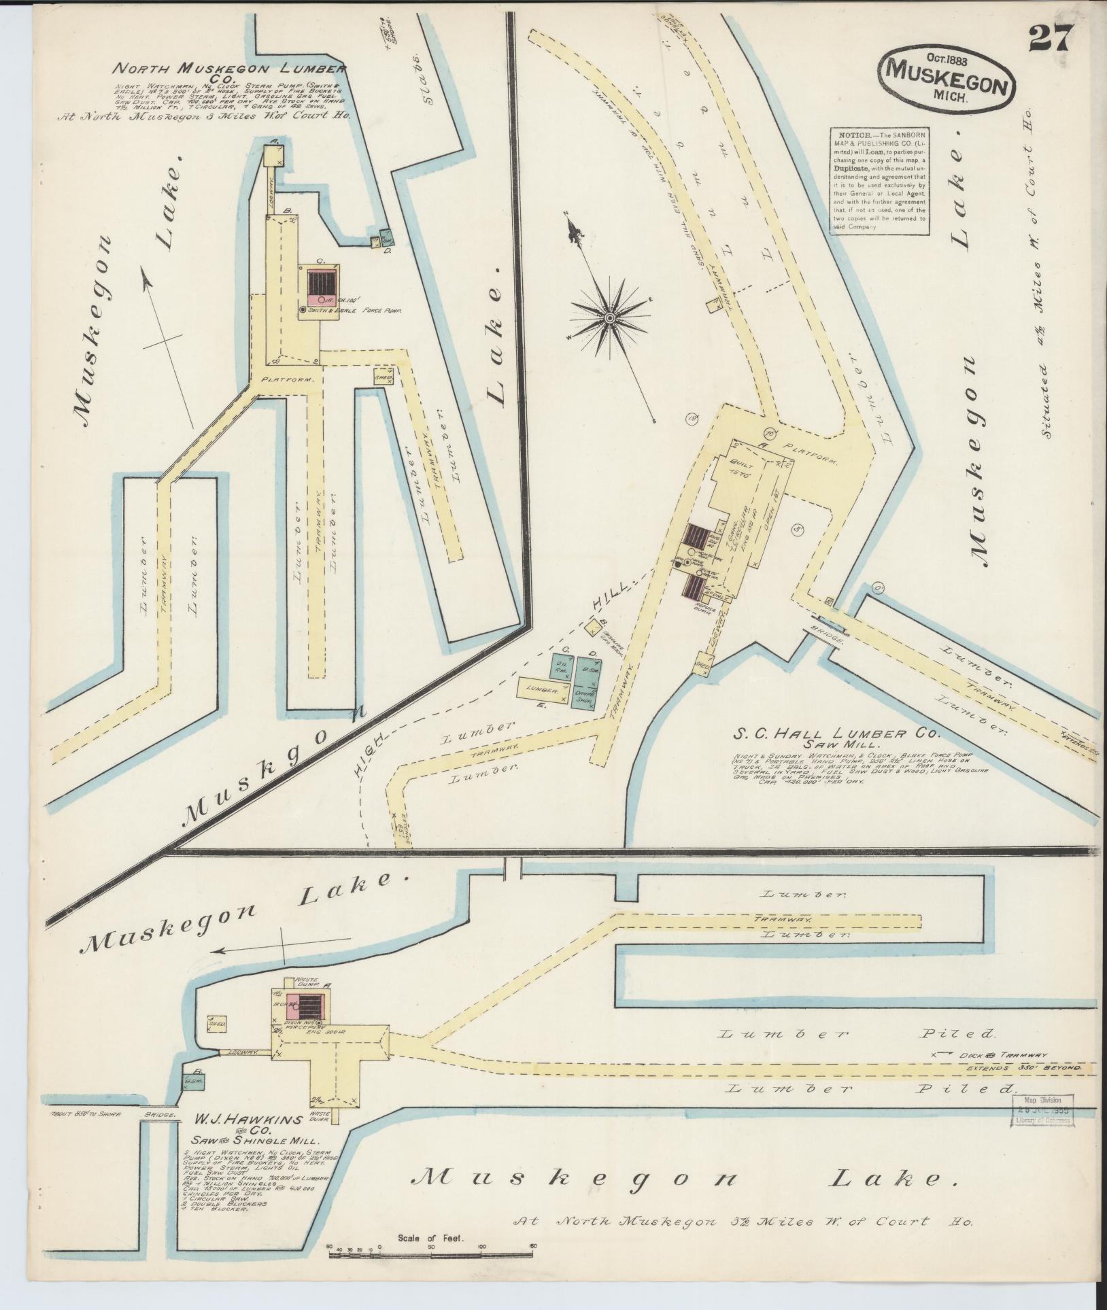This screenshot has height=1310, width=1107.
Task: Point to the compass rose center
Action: pyautogui.click(x=610, y=317)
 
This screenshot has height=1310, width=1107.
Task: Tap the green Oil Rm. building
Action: pyautogui.click(x=562, y=668)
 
